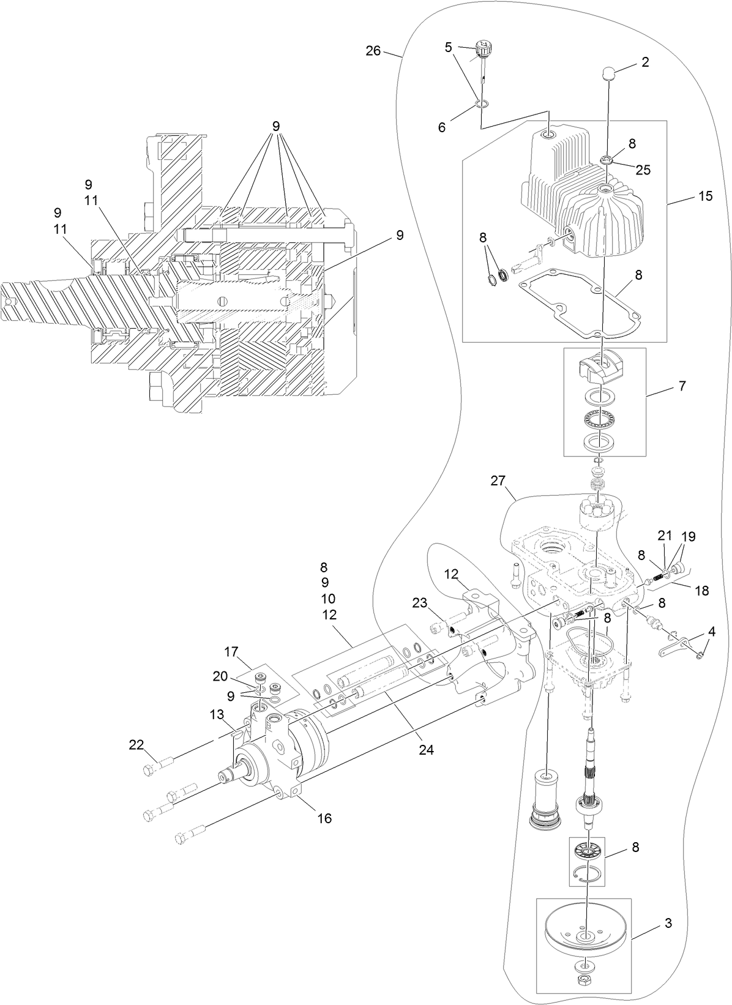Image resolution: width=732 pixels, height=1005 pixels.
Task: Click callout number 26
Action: point(373,51)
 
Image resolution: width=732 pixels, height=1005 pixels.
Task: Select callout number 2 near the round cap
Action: point(646,62)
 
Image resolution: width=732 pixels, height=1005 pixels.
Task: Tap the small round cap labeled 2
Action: point(608,74)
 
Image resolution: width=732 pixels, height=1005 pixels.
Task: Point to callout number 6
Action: point(442,127)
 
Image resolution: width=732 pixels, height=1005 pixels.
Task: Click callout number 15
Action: point(705,196)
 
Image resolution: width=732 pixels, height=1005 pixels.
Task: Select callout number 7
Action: point(682,386)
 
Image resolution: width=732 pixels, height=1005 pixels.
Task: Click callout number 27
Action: point(498,481)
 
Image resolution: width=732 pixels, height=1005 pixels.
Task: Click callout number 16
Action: point(324,818)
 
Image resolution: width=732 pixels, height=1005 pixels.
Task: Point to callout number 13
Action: point(217,715)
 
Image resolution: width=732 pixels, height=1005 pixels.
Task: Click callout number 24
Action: point(426,749)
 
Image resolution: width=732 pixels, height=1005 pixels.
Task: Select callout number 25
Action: point(643,170)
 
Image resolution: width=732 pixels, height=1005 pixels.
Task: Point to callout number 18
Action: point(702,591)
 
